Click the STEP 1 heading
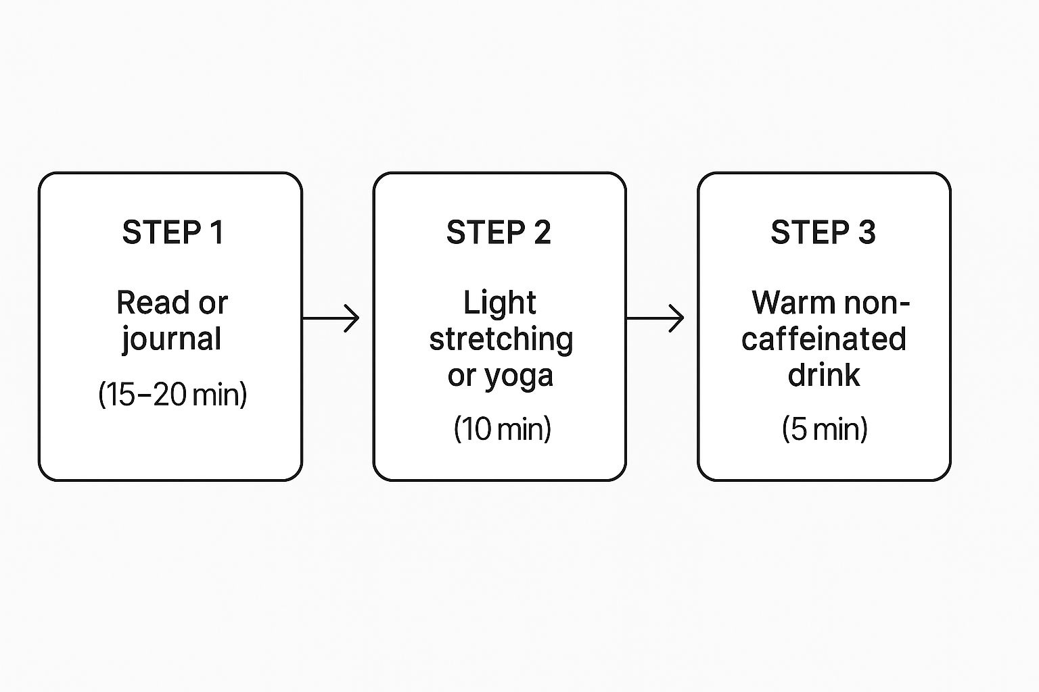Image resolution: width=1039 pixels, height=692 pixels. click(172, 232)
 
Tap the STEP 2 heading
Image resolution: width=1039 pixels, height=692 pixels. click(499, 232)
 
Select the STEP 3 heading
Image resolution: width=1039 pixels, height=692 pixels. click(823, 232)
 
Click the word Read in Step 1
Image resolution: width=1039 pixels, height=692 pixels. click(153, 303)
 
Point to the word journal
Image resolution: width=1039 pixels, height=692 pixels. click(172, 339)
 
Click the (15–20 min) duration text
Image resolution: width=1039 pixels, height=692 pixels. click(172, 394)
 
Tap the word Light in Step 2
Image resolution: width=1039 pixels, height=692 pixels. click(499, 303)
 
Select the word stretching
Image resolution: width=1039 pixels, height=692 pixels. click(501, 339)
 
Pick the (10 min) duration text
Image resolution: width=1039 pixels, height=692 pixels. click(502, 429)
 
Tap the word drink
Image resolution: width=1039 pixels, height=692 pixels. click(823, 375)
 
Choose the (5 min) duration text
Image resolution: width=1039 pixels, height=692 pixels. click(824, 429)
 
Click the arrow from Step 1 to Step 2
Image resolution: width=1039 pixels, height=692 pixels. click(331, 318)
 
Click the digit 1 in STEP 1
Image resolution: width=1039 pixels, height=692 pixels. click(216, 232)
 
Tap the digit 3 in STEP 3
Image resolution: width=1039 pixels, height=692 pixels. click(867, 232)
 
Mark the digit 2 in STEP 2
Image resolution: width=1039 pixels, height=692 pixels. click(542, 232)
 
